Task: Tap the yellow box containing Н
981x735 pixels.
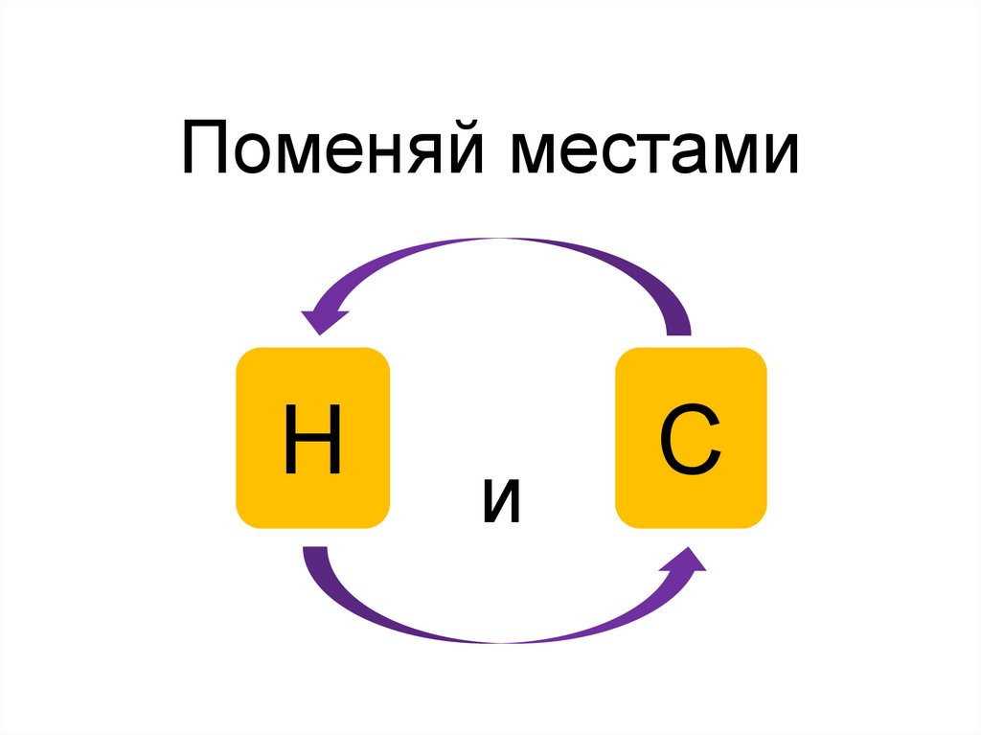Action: click(x=312, y=437)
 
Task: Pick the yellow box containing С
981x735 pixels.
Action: click(x=691, y=437)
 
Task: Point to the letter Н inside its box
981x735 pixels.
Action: click(x=312, y=440)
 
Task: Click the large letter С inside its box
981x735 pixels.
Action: click(x=691, y=442)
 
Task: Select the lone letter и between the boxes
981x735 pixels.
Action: click(x=502, y=502)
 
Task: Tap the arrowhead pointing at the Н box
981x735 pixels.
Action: click(x=320, y=317)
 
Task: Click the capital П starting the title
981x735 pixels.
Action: click(x=207, y=151)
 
